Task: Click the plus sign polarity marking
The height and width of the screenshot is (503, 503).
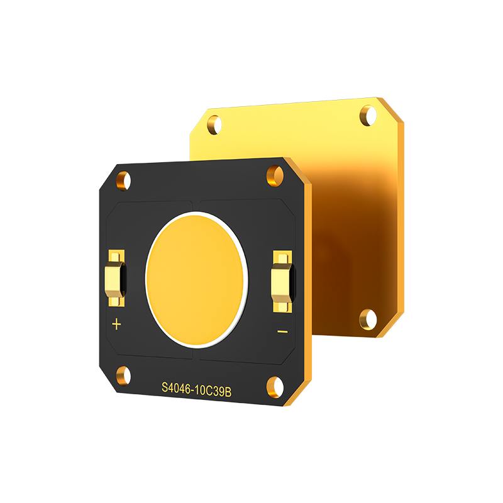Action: pyautogui.click(x=116, y=324)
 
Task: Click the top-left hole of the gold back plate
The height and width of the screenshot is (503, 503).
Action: pyautogui.click(x=214, y=123)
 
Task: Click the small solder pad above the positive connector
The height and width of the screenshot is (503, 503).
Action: pyautogui.click(x=116, y=256)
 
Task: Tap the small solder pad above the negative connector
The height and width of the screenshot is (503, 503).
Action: pyautogui.click(x=282, y=257)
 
